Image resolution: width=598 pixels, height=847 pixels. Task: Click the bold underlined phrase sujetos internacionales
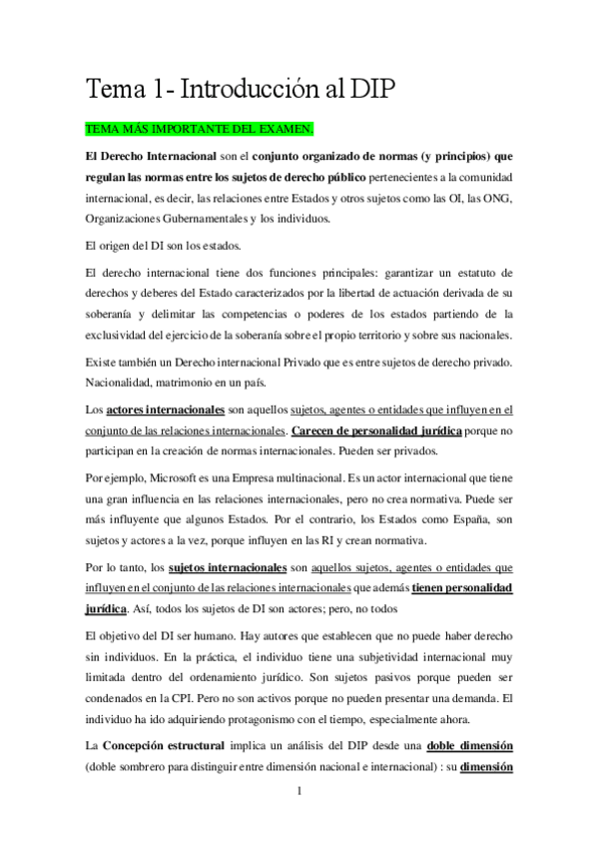(211, 566)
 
